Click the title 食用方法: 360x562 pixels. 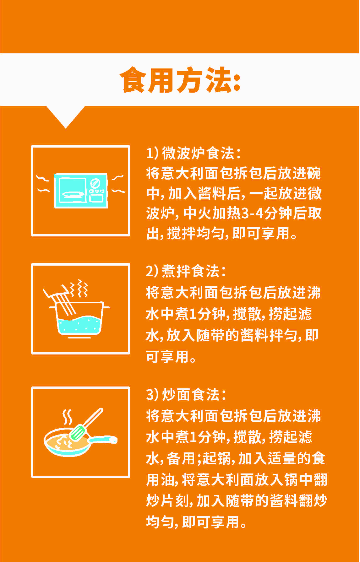click(x=180, y=80)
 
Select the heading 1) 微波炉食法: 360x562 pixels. click(x=194, y=153)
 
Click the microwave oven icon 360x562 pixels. click(x=81, y=191)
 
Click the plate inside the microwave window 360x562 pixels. click(x=73, y=195)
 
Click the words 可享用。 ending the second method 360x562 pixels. click(x=171, y=357)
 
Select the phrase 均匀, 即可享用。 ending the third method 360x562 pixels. click(x=196, y=522)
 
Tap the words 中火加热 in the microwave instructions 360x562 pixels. click(x=212, y=213)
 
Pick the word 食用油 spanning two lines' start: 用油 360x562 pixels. click(x=160, y=480)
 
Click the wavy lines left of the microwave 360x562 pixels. click(x=43, y=184)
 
